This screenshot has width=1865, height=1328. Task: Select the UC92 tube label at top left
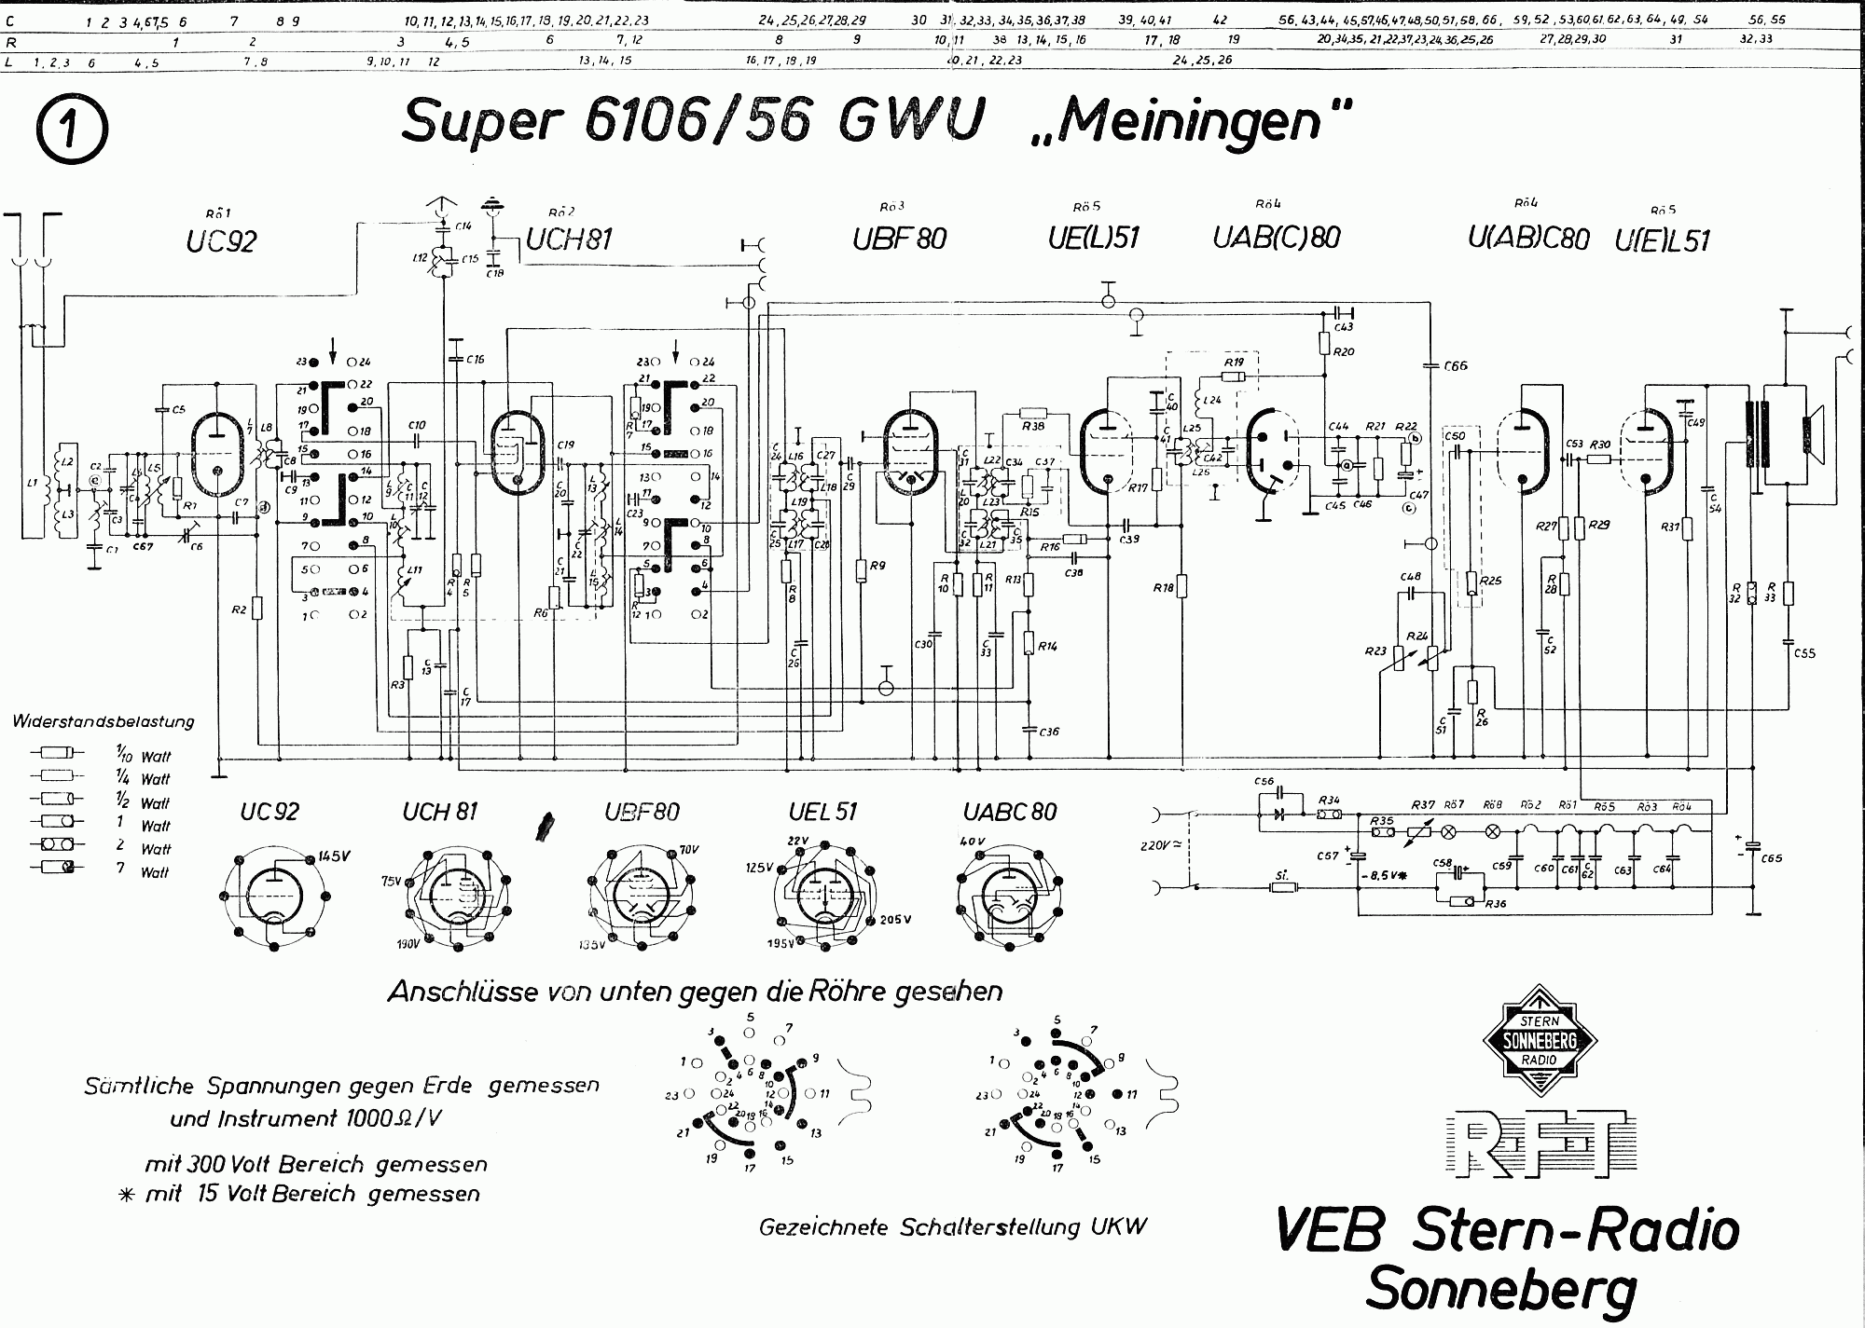click(221, 241)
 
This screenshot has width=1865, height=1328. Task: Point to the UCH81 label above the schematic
click(569, 240)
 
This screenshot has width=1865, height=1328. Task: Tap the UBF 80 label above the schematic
click(899, 239)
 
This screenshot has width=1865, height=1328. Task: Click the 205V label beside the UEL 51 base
click(893, 919)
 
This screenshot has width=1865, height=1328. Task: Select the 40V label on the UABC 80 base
click(972, 842)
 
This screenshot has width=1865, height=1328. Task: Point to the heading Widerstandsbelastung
click(104, 721)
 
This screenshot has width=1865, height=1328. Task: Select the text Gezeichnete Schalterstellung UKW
click(952, 1226)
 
